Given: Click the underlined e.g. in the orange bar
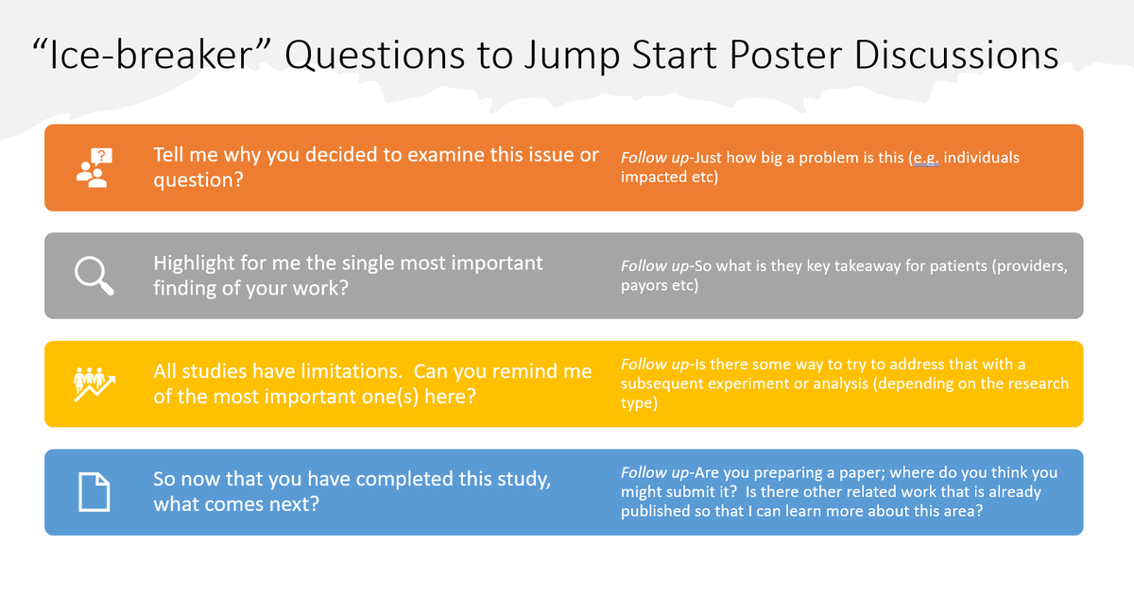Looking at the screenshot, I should click(924, 158).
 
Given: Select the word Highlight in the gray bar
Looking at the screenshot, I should click(194, 263).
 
